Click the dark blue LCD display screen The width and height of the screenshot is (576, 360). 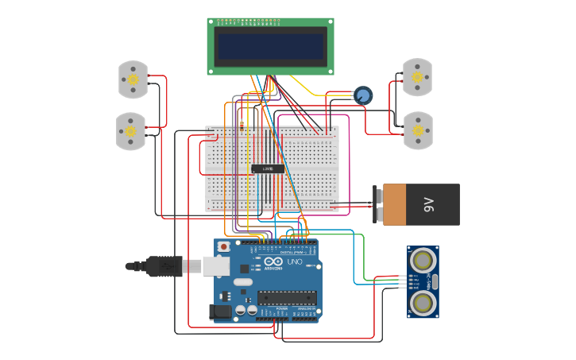270,46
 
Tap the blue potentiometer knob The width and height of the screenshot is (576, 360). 363,95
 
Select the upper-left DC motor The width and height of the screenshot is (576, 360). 133,79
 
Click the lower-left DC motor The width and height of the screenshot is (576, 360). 131,131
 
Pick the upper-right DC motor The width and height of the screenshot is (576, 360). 417,77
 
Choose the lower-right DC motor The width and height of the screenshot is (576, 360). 418,130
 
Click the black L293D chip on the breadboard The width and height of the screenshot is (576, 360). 268,168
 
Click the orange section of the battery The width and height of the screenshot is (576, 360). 395,204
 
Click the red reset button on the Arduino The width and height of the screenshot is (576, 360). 224,247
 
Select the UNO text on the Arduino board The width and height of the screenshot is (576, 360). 294,261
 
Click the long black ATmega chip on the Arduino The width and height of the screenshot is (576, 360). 286,298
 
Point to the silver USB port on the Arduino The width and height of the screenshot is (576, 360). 216,265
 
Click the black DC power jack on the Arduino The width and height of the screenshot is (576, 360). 222,312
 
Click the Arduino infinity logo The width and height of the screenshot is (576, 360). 273,261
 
